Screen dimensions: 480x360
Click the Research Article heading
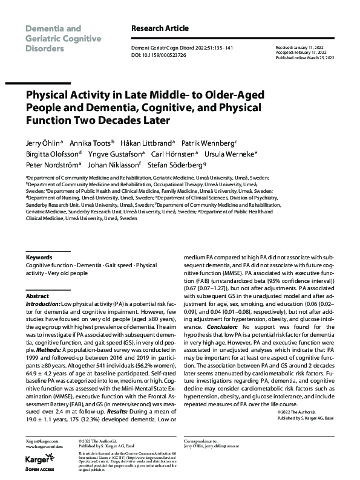pyautogui.click(x=160, y=28)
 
